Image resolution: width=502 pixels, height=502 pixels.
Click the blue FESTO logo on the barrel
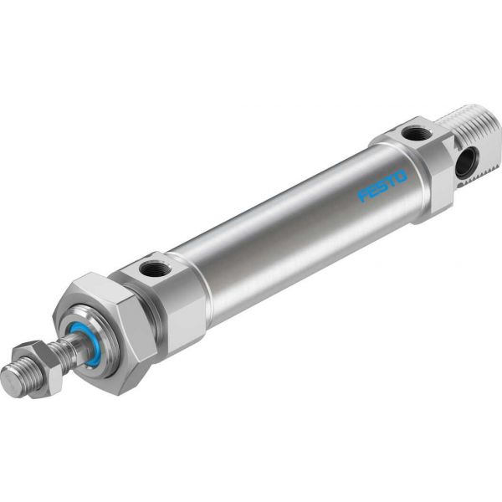pos(382,186)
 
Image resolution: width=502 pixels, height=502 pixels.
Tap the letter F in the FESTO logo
pos(364,196)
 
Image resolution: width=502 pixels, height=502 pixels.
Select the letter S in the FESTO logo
pos(382,186)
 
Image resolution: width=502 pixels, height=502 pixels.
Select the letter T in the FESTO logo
pos(392,181)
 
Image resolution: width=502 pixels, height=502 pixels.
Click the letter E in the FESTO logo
pos(373,191)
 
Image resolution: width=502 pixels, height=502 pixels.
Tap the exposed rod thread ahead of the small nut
pos(21,381)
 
